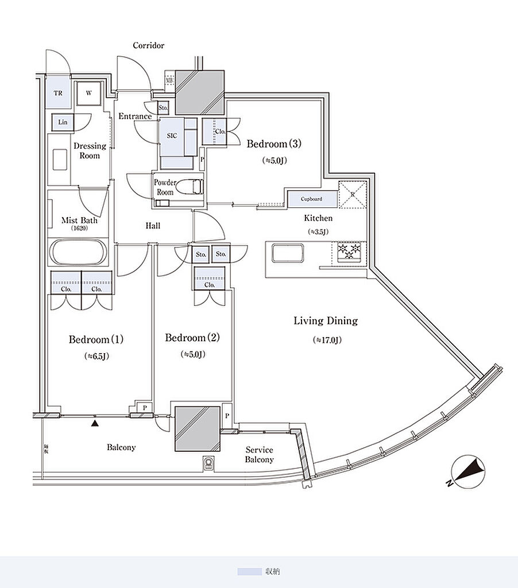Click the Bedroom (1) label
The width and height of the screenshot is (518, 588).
(96, 339)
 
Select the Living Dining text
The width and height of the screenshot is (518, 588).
(326, 321)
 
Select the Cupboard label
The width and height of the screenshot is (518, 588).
(312, 199)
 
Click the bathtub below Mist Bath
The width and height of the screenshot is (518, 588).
(78, 252)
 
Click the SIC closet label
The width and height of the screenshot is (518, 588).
(172, 136)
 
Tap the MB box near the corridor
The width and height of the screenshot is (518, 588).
(169, 80)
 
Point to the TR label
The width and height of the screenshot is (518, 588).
(58, 92)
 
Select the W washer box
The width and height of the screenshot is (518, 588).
(90, 93)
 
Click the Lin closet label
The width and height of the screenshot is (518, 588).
(63, 122)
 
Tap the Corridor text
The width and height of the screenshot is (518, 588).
(149, 45)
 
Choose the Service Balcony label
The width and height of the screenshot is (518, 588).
(260, 455)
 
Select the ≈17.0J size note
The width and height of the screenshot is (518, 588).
(327, 340)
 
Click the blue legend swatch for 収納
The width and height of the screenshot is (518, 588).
(249, 572)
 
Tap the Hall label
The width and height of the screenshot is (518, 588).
(153, 226)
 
